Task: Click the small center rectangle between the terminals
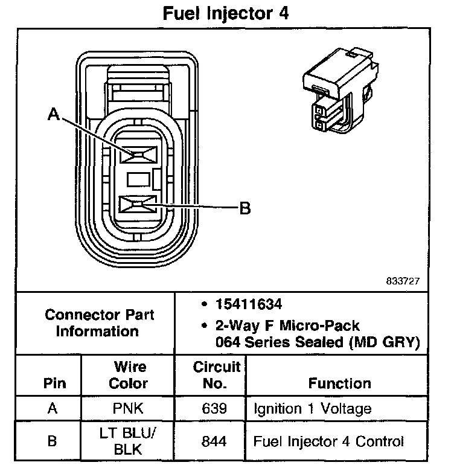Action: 137,179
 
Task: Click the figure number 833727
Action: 403,281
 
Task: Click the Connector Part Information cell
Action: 100,323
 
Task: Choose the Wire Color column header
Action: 130,375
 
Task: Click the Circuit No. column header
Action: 217,375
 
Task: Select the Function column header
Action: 340,383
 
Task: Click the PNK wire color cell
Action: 129,409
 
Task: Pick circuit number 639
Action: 216,409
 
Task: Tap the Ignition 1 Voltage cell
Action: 313,409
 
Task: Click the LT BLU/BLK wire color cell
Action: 129,441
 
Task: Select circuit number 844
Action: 216,441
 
